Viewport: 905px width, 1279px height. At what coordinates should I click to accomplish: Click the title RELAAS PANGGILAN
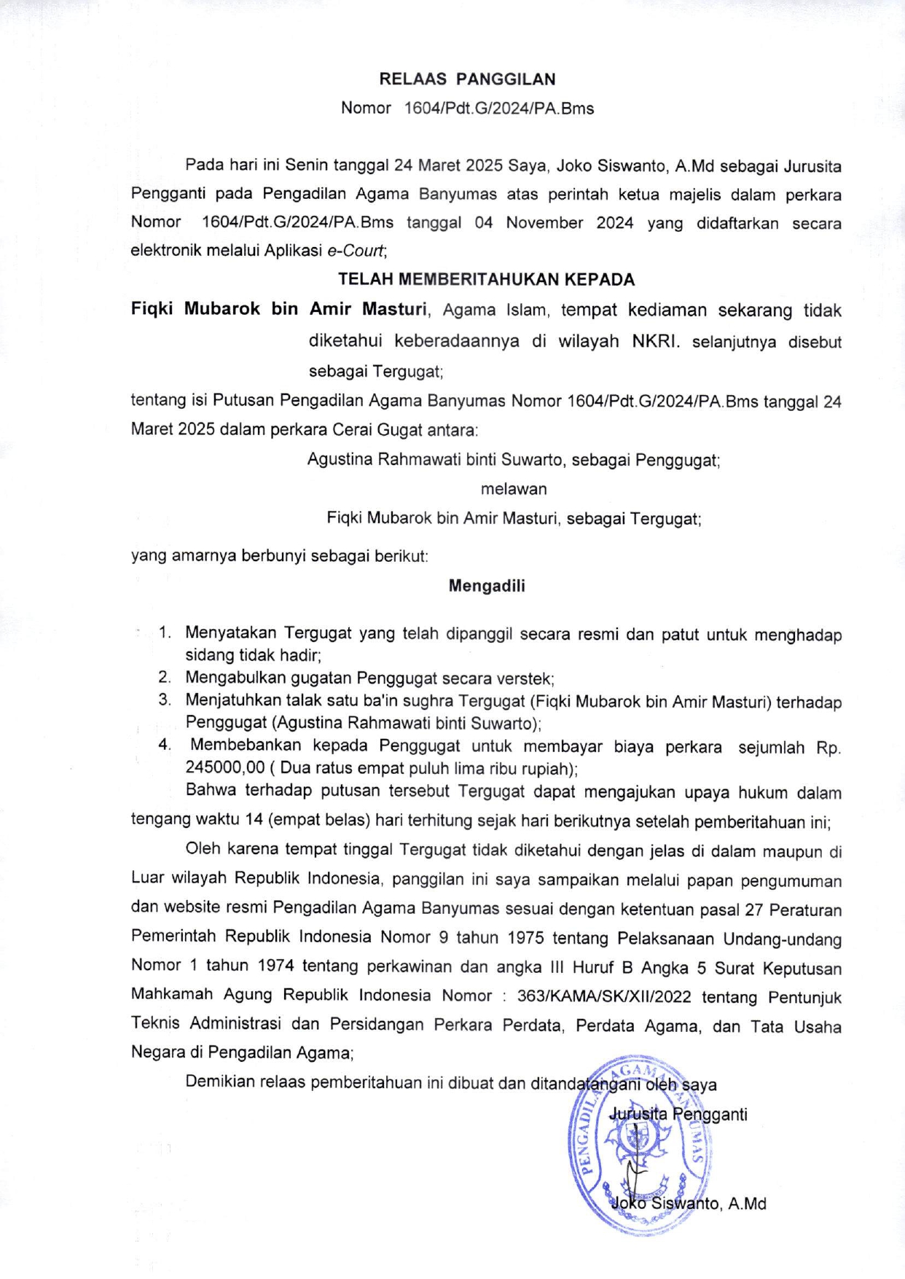467,79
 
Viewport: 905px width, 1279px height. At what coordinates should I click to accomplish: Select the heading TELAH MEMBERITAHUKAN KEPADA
486,279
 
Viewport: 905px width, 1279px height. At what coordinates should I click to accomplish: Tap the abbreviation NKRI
655,341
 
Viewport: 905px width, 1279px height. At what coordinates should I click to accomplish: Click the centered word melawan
513,489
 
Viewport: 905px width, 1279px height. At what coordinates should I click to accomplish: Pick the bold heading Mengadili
487,586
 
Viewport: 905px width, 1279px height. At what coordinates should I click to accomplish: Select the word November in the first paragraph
544,223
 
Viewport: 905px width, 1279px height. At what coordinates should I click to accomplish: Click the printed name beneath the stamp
689,1203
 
